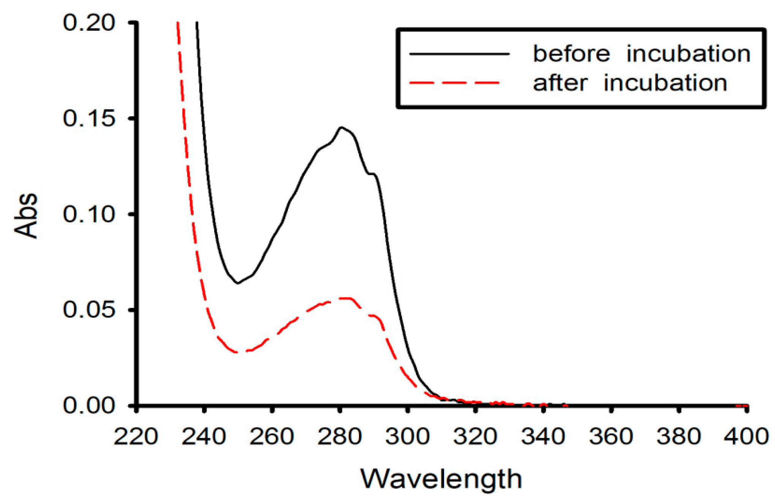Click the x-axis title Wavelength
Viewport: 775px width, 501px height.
[441, 479]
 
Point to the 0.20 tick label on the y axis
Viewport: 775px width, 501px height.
[89, 23]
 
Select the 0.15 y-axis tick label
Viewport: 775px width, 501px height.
[89, 118]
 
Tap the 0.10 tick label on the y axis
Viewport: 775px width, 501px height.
[89, 214]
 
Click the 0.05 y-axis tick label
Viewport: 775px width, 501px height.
[89, 309]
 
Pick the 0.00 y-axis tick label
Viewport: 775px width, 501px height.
[89, 405]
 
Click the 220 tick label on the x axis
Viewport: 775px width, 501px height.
[136, 436]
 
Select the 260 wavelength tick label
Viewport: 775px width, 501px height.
[272, 436]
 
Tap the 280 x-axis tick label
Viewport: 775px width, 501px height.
[340, 436]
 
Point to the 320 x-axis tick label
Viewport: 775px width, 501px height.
[475, 436]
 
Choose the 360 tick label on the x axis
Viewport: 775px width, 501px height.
[611, 436]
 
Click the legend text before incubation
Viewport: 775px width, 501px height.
[642, 54]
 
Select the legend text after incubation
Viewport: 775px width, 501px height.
[630, 83]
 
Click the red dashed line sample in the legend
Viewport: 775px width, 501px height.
[454, 82]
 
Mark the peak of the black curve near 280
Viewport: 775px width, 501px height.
[341, 127]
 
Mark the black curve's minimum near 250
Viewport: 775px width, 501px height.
[238, 283]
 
